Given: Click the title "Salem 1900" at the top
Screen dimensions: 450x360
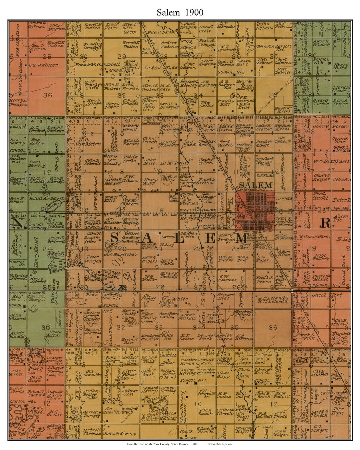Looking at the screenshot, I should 180,12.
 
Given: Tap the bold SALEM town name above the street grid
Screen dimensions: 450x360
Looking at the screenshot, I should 256,185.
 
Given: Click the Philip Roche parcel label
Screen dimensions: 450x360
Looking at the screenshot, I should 130,159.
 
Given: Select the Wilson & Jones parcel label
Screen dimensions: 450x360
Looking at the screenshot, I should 323,237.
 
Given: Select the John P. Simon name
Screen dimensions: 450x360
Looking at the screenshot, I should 119,434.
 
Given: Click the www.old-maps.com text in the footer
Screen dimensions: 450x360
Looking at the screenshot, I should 220,444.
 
